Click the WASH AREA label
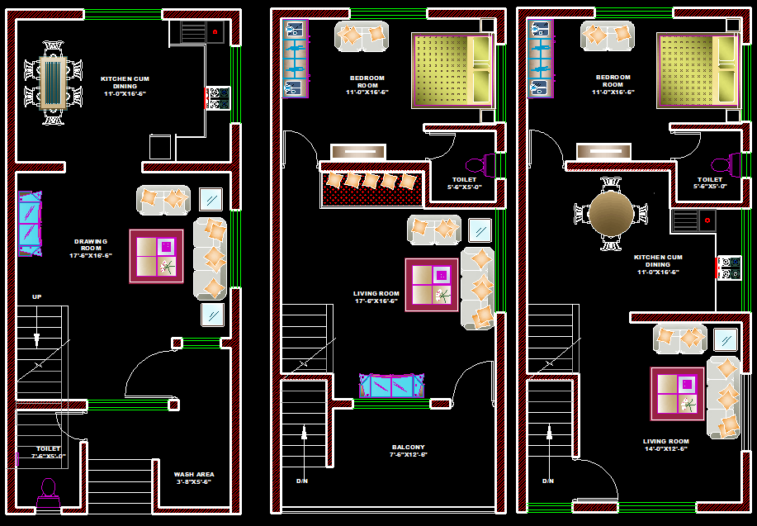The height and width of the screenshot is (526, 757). pyautogui.click(x=194, y=477)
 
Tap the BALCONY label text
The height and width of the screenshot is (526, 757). pyautogui.click(x=409, y=451)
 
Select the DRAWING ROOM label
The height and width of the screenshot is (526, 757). pyautogui.click(x=91, y=249)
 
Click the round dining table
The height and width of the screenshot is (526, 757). pyautogui.click(x=612, y=213)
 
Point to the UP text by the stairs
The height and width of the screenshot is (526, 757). pyautogui.click(x=36, y=296)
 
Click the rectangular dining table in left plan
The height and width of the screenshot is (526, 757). pyautogui.click(x=53, y=83)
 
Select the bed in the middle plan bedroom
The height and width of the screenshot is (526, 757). pyautogui.click(x=452, y=70)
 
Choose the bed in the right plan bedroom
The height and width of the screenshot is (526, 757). pyautogui.click(x=697, y=70)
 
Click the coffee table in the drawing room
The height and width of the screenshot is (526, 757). pyautogui.click(x=156, y=256)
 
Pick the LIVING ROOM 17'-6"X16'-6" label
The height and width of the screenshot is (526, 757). pyautogui.click(x=376, y=297)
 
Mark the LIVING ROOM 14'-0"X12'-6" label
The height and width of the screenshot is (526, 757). pyautogui.click(x=666, y=445)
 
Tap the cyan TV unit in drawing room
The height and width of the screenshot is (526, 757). pyautogui.click(x=30, y=223)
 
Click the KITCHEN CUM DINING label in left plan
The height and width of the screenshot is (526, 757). pyautogui.click(x=124, y=86)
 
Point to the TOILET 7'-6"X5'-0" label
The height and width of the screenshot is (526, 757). pyautogui.click(x=48, y=452)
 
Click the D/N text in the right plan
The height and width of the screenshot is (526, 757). pyautogui.click(x=548, y=481)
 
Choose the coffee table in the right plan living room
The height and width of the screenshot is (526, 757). pyautogui.click(x=677, y=393)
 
